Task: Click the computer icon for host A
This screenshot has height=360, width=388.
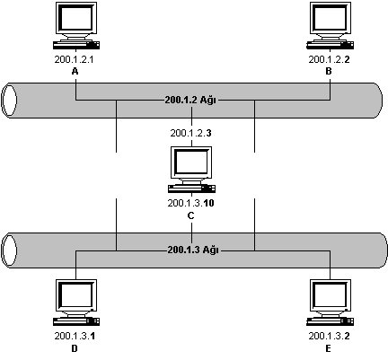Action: [76, 25]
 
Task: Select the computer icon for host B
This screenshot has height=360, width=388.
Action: [331, 25]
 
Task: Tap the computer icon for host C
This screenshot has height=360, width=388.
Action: [191, 170]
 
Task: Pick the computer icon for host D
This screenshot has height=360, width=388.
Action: [76, 303]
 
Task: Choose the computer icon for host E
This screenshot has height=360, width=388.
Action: [331, 303]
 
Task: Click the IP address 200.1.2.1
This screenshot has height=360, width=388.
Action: [74, 59]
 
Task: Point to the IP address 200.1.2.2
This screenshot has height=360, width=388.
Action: [329, 59]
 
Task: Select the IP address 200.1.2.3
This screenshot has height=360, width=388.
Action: [190, 133]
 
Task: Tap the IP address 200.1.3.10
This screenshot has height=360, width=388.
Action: [190, 203]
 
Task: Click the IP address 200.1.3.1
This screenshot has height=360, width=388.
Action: [75, 336]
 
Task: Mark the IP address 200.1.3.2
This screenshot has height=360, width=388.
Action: [329, 336]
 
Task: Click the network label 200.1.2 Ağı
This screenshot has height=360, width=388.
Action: [190, 100]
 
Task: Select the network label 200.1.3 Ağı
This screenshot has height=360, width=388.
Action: [193, 250]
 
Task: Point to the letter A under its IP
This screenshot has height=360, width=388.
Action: [75, 71]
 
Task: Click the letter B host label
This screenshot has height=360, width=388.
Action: [329, 71]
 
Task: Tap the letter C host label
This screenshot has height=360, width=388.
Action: [190, 215]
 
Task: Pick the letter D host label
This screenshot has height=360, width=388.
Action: [75, 348]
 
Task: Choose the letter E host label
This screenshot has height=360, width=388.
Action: [329, 348]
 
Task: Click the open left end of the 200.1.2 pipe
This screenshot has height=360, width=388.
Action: [9, 101]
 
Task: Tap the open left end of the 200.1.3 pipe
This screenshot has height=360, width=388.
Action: [9, 250]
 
